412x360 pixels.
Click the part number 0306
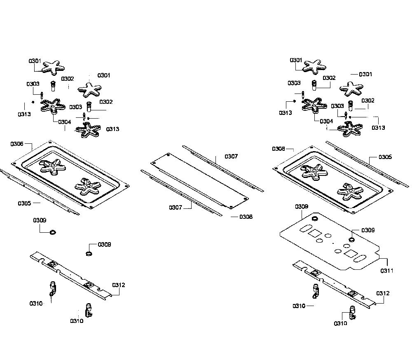point(17,144)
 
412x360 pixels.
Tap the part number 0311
point(387,270)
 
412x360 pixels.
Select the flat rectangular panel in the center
point(200,181)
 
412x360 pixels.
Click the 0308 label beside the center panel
point(246,217)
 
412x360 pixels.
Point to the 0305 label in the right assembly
point(385,157)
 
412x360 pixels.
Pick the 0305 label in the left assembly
point(24,203)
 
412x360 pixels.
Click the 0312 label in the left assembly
point(119,285)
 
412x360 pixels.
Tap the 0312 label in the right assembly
point(383,293)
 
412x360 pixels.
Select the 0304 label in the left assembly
point(65,122)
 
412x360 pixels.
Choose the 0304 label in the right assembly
point(326,121)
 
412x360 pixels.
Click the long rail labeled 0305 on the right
point(368,164)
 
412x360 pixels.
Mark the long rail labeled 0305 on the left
point(40,192)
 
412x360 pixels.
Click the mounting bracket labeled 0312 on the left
point(71,276)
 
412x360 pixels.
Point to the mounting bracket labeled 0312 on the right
point(334,285)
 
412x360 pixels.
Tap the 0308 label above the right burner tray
point(279,149)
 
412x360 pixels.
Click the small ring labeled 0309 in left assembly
point(53,232)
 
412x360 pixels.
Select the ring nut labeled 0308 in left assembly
point(89,254)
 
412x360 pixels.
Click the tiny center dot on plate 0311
point(333,243)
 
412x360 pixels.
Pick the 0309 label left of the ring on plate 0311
point(302,206)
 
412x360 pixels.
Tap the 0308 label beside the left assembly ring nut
point(104,244)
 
